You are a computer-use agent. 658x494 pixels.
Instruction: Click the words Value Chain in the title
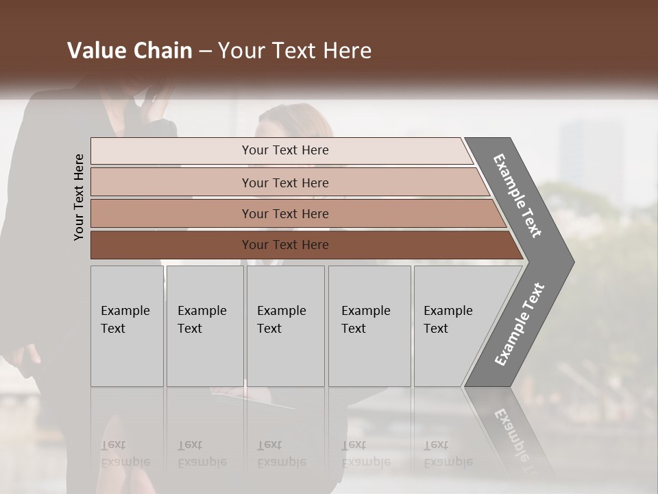point(130,51)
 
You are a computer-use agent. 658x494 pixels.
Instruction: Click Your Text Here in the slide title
point(295,51)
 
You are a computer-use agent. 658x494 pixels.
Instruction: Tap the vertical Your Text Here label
point(79,197)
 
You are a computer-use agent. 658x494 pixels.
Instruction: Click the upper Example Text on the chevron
point(518,196)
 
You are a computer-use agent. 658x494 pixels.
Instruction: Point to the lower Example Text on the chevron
point(519,324)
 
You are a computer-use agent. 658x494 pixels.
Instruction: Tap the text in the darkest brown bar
point(285,245)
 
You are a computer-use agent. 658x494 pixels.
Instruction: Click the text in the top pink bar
point(285,150)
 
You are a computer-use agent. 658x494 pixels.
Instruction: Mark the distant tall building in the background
point(591,151)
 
